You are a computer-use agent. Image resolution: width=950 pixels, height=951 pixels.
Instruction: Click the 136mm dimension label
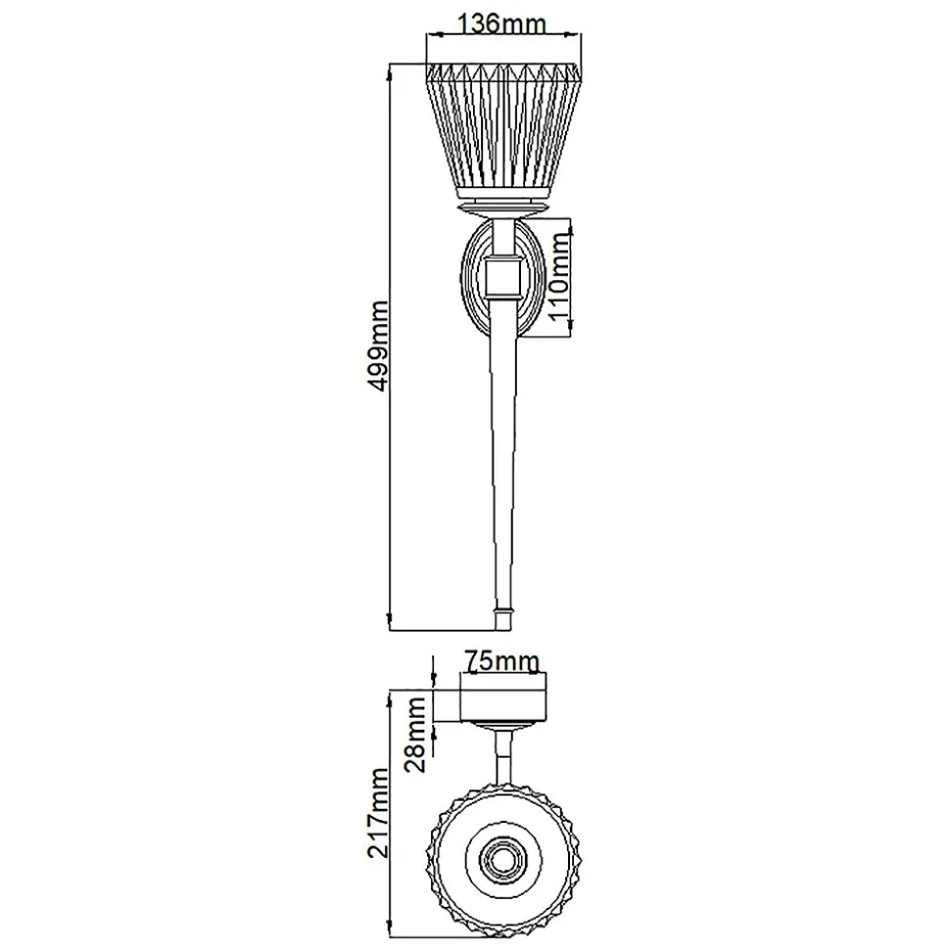(x=500, y=24)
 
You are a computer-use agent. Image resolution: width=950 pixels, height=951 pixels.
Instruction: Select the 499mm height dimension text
(x=377, y=346)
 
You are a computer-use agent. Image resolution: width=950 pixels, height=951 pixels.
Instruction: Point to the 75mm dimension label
(x=501, y=660)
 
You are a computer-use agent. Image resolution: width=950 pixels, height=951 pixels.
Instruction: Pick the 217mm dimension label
(x=377, y=813)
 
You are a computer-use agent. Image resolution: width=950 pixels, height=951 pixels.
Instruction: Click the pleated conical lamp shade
(x=503, y=131)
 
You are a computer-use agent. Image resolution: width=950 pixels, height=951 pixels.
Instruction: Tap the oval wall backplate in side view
(x=502, y=277)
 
